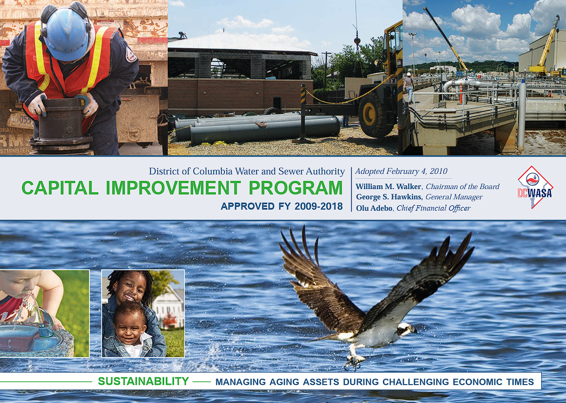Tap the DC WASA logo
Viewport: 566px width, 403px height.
(x=535, y=187)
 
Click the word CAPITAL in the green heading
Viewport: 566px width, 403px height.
(x=60, y=188)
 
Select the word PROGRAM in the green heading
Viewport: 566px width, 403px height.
(x=295, y=188)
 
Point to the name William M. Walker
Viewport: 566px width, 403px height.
(x=389, y=186)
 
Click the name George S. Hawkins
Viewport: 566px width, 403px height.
(x=389, y=197)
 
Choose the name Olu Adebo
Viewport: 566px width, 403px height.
(x=374, y=208)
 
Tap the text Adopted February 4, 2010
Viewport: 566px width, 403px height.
(x=402, y=171)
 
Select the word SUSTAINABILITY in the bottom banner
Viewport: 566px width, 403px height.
(x=143, y=381)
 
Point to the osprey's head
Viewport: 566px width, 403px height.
(x=406, y=329)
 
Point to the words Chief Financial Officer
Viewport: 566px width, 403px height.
(x=433, y=208)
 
